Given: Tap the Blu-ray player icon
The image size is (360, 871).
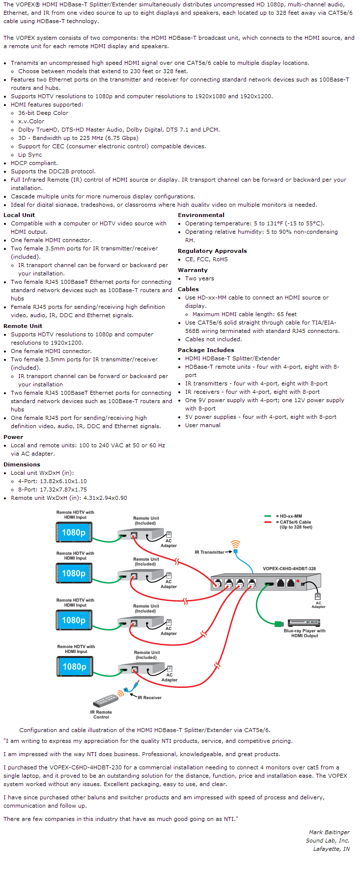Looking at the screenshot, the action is (304, 623).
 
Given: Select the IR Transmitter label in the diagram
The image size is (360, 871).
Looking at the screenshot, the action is (209, 552).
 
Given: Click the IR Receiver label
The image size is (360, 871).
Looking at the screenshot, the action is (149, 697).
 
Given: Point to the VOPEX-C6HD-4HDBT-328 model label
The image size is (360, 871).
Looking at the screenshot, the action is (289, 569).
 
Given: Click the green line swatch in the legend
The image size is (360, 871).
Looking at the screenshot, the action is (268, 516).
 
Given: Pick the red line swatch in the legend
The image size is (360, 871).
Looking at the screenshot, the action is (268, 522).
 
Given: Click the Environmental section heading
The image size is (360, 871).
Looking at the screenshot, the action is (201, 215).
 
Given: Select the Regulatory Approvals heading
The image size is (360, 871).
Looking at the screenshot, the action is (212, 251).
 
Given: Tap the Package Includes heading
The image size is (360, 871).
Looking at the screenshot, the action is (206, 350).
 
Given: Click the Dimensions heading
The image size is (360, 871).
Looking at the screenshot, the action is (22, 464).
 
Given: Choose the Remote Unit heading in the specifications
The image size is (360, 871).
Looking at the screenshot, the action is (23, 326).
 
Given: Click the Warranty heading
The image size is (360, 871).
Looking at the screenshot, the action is (193, 270).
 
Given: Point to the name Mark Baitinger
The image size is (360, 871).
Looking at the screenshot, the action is (329, 832).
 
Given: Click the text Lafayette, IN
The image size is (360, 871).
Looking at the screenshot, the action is (332, 849).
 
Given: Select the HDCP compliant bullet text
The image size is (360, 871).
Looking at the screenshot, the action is (34, 163).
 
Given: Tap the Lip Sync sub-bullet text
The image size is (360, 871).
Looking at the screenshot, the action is (30, 155).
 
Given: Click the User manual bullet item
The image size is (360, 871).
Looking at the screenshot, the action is (203, 425).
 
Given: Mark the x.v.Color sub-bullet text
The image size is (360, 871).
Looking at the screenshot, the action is (31, 121).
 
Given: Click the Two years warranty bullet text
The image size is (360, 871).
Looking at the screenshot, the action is (199, 278).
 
